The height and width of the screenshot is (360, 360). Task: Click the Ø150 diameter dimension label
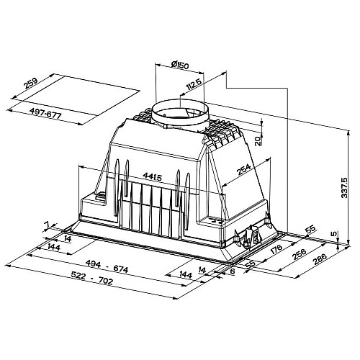coord(180,65)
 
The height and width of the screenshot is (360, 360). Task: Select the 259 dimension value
coord(30,83)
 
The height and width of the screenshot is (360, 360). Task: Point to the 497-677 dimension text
coord(45,113)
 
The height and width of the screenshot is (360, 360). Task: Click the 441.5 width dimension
coord(153,176)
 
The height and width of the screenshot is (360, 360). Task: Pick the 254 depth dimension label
coord(243,169)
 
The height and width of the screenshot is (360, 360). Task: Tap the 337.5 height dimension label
coord(344,188)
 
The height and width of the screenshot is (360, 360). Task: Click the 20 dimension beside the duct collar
coord(258,141)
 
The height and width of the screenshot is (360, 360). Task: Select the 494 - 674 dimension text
coord(107,266)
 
